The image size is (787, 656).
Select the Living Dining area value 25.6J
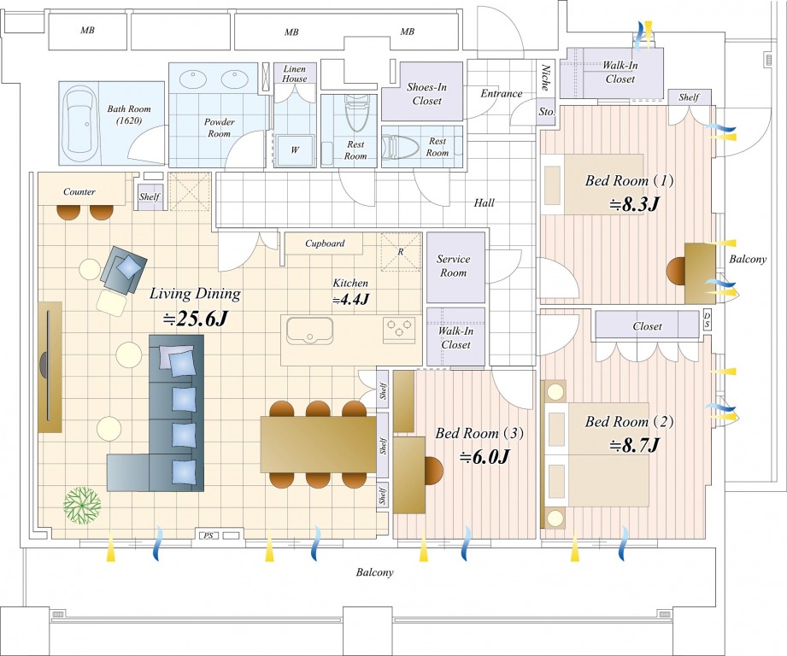(197, 318)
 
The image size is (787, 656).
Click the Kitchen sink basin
(309, 331)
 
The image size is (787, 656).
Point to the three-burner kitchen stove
(400, 330)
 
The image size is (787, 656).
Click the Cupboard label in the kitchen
(325, 243)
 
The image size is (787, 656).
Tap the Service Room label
(453, 266)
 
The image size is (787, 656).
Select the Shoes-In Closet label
(426, 94)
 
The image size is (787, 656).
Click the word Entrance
(501, 93)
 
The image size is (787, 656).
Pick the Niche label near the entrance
(545, 78)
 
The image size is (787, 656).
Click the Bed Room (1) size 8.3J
(634, 204)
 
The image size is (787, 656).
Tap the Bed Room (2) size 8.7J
(634, 445)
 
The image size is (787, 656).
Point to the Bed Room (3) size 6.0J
(485, 457)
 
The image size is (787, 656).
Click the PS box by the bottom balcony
(208, 536)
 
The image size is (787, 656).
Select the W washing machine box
(295, 149)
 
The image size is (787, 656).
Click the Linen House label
(294, 73)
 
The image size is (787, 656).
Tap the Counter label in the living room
(79, 191)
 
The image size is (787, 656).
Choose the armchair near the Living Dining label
(123, 270)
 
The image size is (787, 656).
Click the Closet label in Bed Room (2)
(647, 326)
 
